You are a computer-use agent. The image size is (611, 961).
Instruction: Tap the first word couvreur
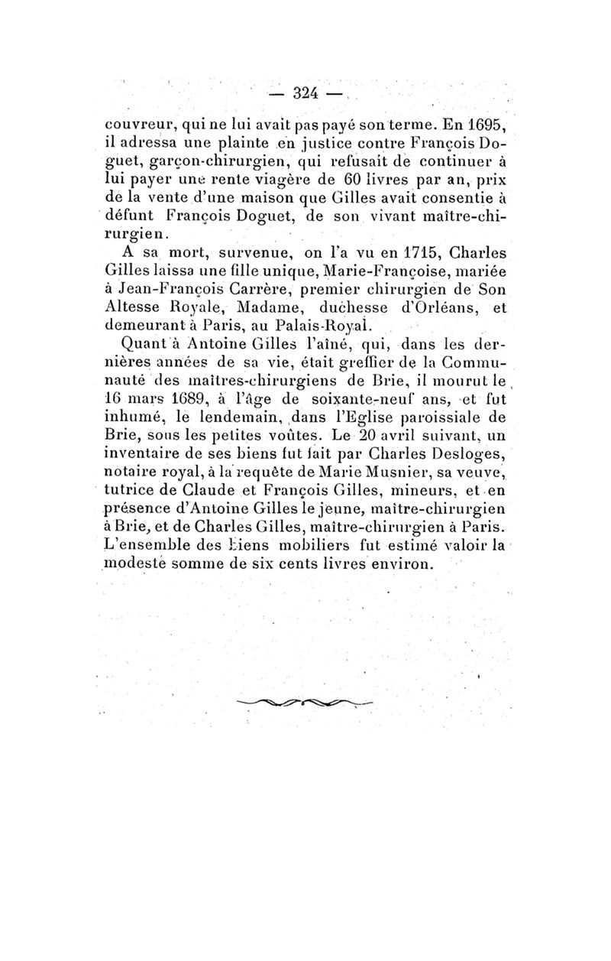136,127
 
